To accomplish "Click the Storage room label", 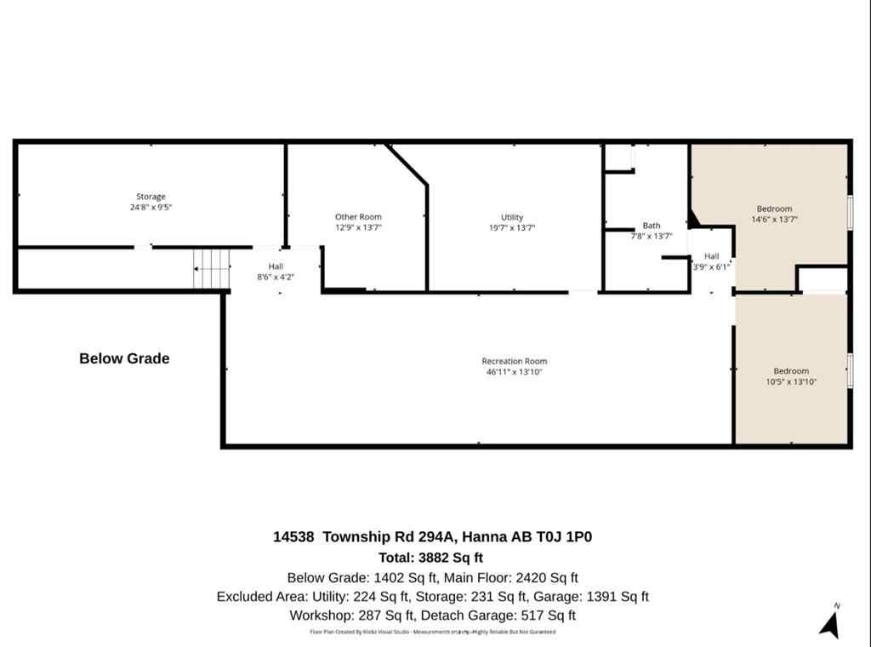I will pyautogui.click(x=151, y=197).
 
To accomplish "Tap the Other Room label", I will pyautogui.click(x=358, y=217).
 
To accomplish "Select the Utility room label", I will pyautogui.click(x=512, y=217).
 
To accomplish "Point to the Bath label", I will pyautogui.click(x=652, y=226).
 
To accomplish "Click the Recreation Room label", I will pyautogui.click(x=515, y=361).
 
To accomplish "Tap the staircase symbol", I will pyautogui.click(x=212, y=268).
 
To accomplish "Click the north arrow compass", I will pyautogui.click(x=829, y=621).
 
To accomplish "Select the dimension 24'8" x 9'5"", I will pyautogui.click(x=151, y=207).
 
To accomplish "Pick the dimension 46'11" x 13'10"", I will pyautogui.click(x=515, y=372).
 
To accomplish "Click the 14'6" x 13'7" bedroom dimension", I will pyautogui.click(x=774, y=219).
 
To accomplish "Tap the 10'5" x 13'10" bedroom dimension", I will pyautogui.click(x=791, y=381).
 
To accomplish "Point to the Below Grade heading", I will pyautogui.click(x=124, y=358).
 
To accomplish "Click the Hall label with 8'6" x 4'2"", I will pyautogui.click(x=276, y=266).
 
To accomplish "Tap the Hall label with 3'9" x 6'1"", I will pyautogui.click(x=711, y=256).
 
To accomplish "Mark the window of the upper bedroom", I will pyautogui.click(x=850, y=211).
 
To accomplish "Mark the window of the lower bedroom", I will pyautogui.click(x=850, y=370).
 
